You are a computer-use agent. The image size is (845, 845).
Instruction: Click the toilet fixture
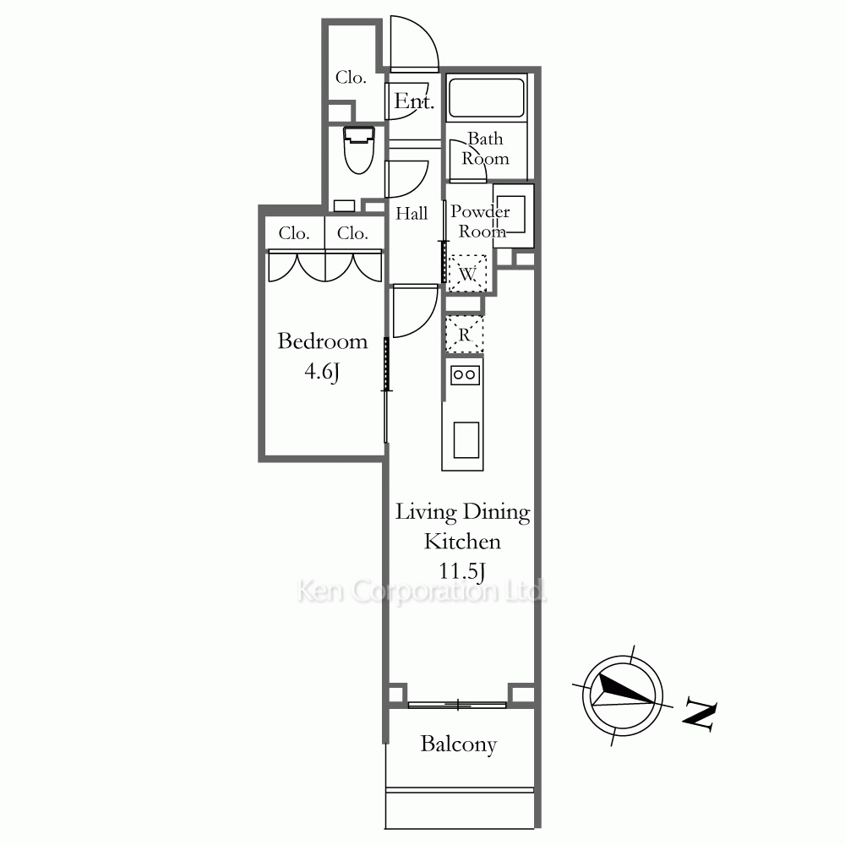[x=359, y=150]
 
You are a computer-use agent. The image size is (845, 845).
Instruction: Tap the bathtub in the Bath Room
[x=486, y=97]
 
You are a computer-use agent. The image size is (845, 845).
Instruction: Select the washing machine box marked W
[x=467, y=273]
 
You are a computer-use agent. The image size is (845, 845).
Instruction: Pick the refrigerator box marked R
[x=465, y=335]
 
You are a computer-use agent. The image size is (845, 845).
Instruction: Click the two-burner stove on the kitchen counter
[x=465, y=374]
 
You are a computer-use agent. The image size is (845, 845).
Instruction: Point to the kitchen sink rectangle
[x=466, y=439]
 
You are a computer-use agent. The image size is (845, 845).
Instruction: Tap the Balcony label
[x=459, y=744]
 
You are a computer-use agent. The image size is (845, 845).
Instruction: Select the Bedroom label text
[x=322, y=341]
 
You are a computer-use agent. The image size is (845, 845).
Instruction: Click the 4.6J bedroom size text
[x=322, y=371]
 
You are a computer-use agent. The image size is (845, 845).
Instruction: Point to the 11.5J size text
[x=462, y=570]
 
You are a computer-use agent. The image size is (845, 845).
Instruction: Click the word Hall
[x=412, y=214]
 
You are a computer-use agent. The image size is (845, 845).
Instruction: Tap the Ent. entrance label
[x=414, y=101]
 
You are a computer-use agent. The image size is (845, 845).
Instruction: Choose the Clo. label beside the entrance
[x=351, y=78]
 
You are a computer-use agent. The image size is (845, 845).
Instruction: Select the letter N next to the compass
[x=700, y=715]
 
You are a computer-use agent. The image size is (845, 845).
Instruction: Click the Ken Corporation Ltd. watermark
[x=422, y=591]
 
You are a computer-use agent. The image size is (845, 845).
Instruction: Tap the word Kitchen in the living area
[x=462, y=541]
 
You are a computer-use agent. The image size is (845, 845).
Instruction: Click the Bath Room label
[x=485, y=149]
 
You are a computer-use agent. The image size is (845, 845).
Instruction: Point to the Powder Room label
[x=480, y=221]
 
